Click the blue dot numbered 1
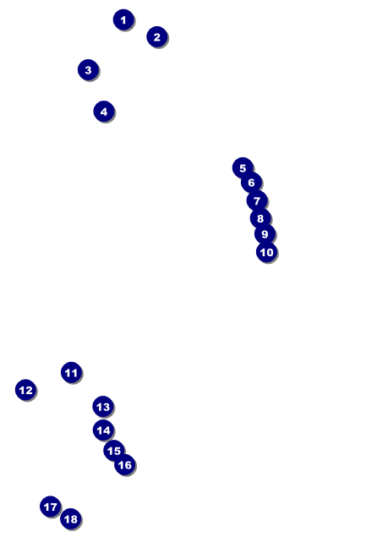tap(123, 19)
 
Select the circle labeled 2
tap(156, 37)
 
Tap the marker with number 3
tap(88, 70)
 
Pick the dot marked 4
tap(103, 112)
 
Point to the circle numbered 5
tap(243, 168)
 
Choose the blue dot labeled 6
tap(251, 183)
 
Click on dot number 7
tap(257, 201)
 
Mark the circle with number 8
tap(260, 218)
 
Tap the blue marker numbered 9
tap(265, 234)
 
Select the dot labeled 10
tap(266, 252)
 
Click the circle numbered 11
tap(71, 373)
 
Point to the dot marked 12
tap(25, 390)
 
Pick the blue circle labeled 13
tap(102, 407)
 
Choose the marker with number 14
tap(103, 430)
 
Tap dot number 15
tap(114, 451)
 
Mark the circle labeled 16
tap(124, 464)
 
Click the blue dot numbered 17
tap(51, 507)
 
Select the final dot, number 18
tap(70, 518)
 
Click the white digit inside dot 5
tap(243, 168)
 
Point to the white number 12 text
tap(25, 390)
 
